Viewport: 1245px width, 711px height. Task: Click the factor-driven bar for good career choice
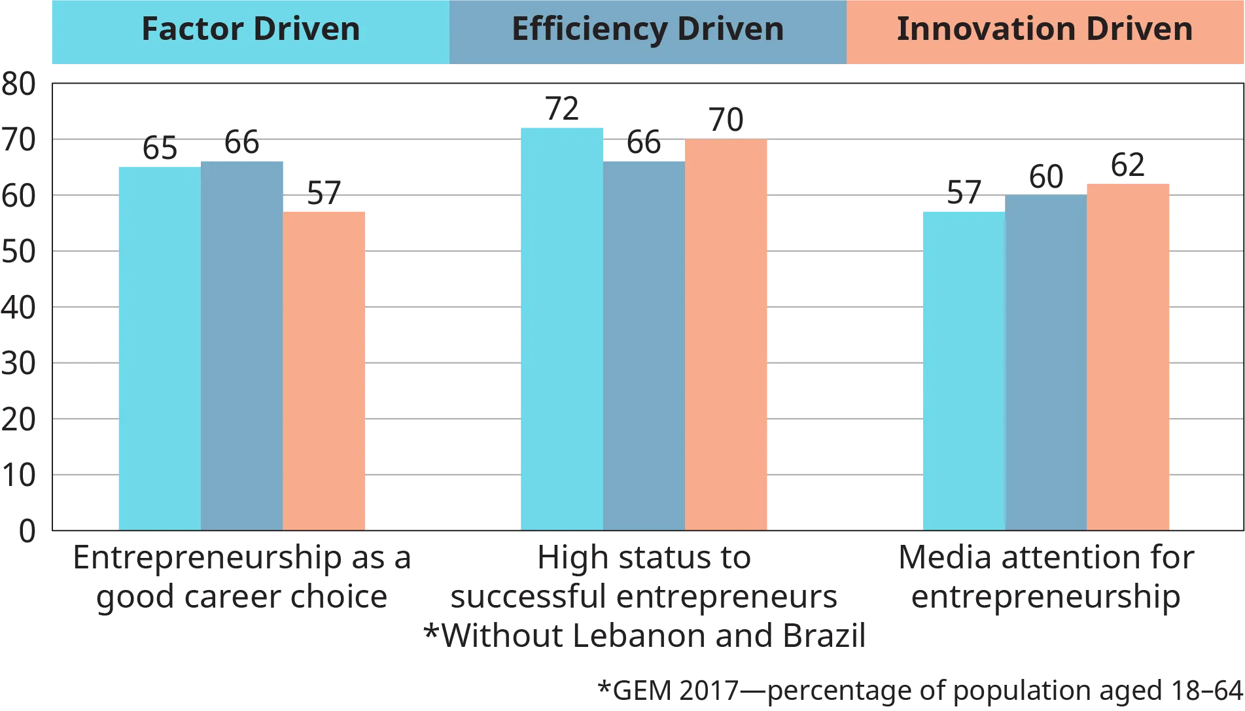(x=158, y=347)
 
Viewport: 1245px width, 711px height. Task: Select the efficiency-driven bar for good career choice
(x=242, y=344)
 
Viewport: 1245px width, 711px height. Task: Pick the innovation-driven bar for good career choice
(x=324, y=370)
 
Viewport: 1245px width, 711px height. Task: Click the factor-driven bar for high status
(x=561, y=327)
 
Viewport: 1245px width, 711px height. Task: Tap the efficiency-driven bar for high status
(x=644, y=344)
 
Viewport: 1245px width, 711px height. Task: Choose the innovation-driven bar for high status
(x=726, y=334)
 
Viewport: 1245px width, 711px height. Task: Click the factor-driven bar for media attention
(x=963, y=370)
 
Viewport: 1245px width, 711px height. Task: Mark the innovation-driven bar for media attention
(x=1128, y=356)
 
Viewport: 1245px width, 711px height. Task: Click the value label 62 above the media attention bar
(x=1128, y=165)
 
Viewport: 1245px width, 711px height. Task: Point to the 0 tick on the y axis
(x=27, y=530)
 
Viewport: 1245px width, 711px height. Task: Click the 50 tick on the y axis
(x=20, y=252)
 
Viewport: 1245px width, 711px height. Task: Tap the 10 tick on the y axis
(x=20, y=474)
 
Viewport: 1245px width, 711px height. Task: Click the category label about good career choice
(x=242, y=578)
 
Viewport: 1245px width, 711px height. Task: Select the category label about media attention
(x=1047, y=578)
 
